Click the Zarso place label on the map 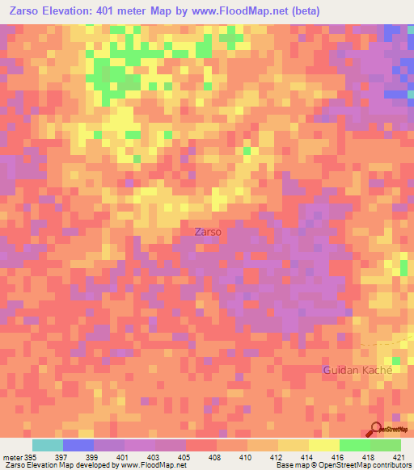208,232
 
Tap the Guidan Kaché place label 357,369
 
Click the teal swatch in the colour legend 48,445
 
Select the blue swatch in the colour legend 78,445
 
